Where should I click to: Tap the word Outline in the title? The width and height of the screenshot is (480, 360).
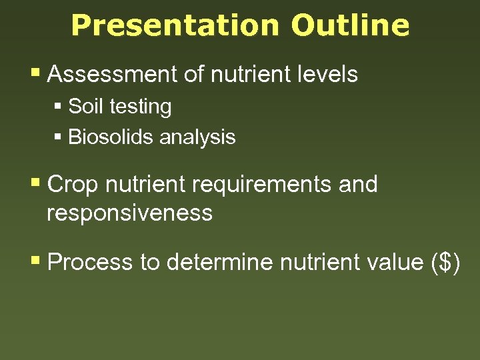pyautogui.click(x=350, y=25)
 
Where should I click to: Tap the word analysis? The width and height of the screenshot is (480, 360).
pyautogui.click(x=197, y=137)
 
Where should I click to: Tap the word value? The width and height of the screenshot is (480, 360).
pyautogui.click(x=388, y=262)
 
